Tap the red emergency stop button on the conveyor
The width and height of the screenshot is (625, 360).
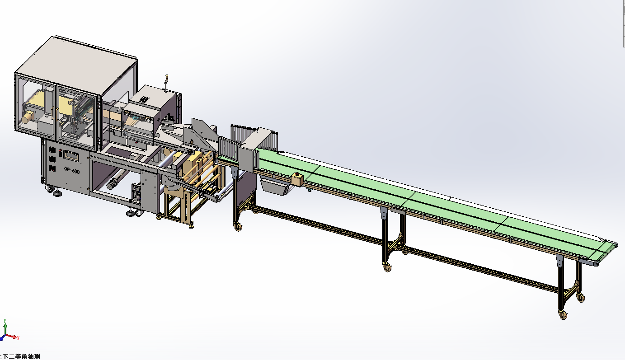coord(297,178)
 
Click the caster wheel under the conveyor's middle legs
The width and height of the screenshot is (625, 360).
coord(387,267)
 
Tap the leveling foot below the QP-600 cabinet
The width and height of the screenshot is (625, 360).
coord(58,194)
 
